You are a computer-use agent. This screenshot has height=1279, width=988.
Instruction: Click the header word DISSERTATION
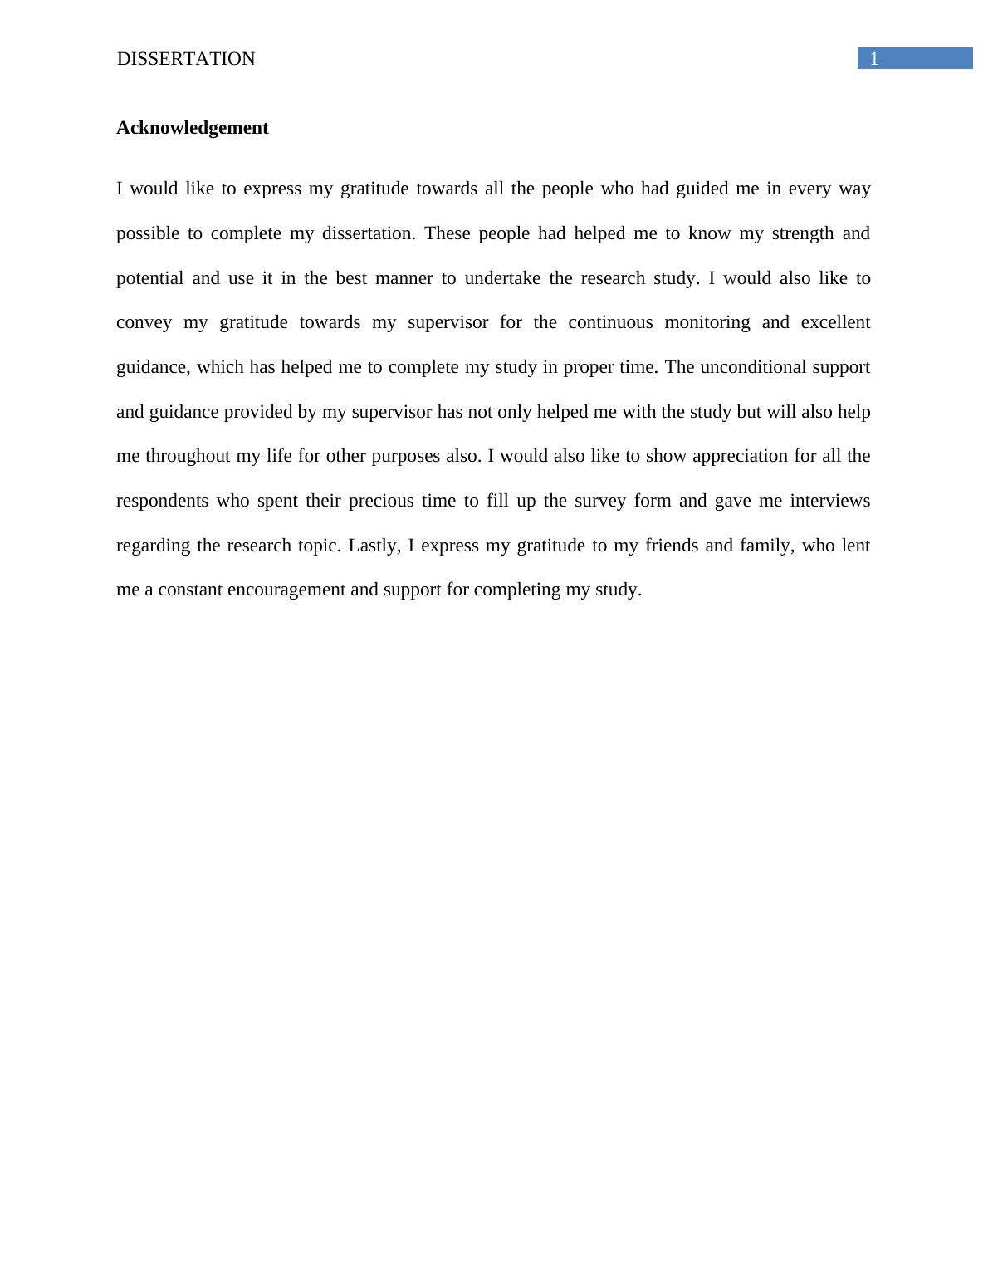186,59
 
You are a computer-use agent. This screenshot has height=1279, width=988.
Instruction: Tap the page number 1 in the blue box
873,59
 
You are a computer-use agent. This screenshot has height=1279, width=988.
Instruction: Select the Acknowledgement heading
192,128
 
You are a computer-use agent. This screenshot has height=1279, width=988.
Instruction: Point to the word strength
802,233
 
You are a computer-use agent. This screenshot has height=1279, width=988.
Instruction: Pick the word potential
149,278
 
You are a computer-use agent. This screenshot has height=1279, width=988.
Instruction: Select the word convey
144,322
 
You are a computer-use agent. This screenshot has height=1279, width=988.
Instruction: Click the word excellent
835,322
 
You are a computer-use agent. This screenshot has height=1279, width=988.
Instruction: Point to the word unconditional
753,367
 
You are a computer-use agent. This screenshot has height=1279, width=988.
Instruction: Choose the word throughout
188,456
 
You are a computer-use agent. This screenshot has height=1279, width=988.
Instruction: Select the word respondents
162,501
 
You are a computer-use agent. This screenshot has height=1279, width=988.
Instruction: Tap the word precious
380,501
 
